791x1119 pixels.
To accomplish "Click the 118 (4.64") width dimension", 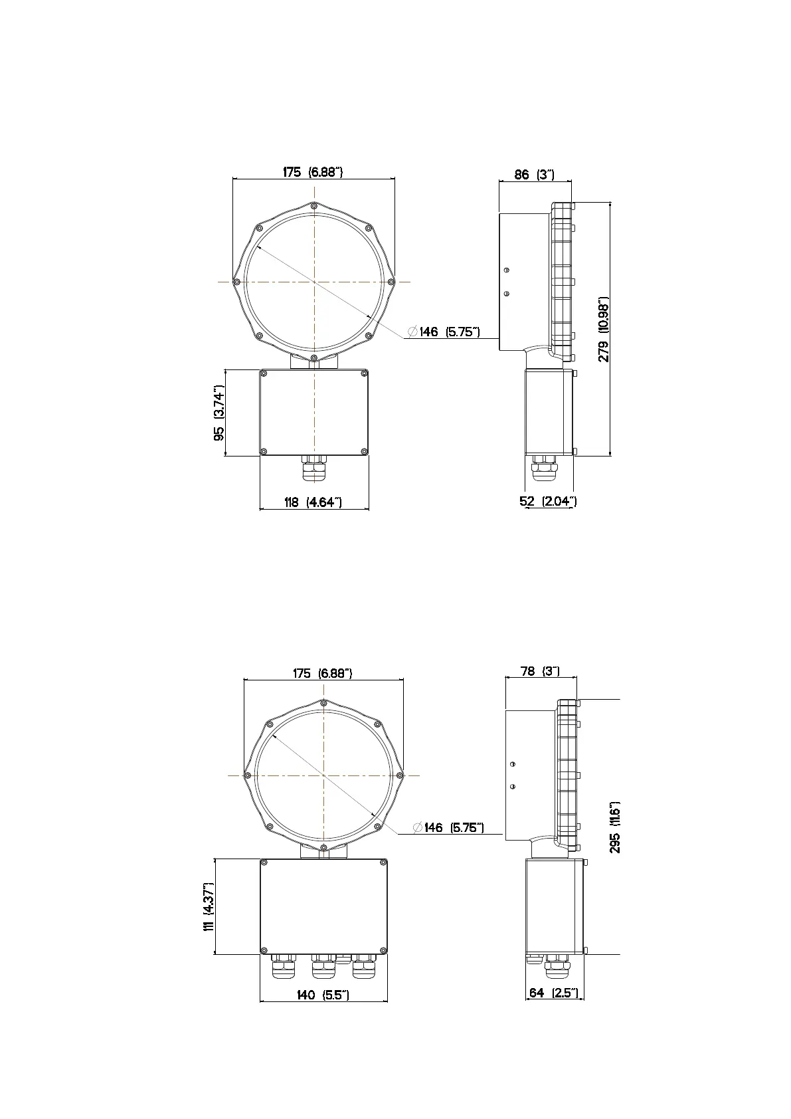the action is tap(313, 502).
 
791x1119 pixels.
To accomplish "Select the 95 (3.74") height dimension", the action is tap(219, 413).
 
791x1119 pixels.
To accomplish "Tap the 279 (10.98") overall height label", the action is tap(604, 329).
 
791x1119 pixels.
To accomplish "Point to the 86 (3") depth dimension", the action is tap(535, 174).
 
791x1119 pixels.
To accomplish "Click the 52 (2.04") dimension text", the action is tap(549, 501).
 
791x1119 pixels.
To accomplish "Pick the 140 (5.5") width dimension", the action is tap(323, 995).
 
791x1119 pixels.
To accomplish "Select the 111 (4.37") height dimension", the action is tap(209, 906).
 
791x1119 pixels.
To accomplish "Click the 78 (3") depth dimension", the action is tap(540, 671).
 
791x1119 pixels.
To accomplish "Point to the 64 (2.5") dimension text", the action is tap(554, 993).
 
